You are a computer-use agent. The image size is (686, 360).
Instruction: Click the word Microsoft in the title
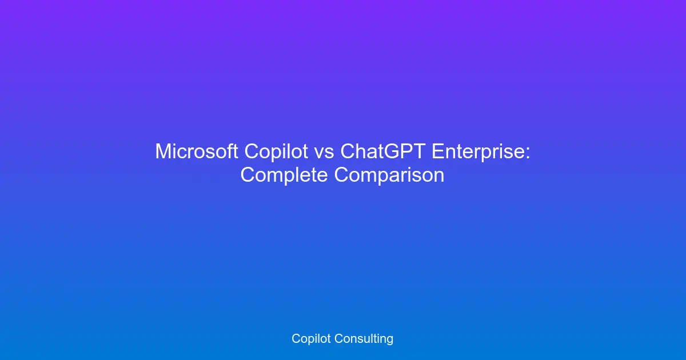pos(197,152)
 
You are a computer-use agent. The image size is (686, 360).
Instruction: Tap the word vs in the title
pos(324,152)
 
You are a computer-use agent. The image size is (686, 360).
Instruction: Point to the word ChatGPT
pos(383,152)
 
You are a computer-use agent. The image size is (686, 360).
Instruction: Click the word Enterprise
pos(477,152)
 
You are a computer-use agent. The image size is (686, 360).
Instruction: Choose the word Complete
pos(284,175)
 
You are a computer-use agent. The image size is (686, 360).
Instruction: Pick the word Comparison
pos(389,175)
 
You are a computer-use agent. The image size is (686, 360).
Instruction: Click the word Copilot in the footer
pos(312,338)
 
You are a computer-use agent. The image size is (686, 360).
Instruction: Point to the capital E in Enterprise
pos(437,152)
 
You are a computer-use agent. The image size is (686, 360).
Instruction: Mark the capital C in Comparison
pos(342,175)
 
